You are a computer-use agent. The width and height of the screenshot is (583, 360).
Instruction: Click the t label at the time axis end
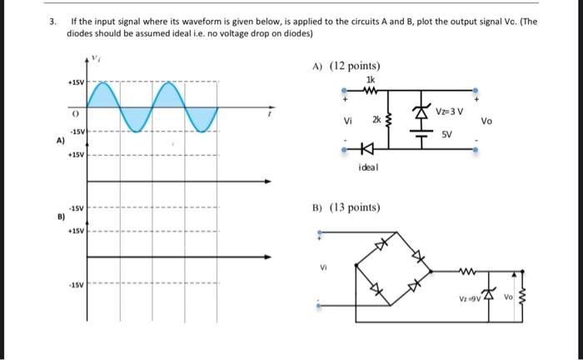coord(269,117)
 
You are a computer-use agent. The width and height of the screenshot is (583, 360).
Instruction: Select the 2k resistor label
coord(376,120)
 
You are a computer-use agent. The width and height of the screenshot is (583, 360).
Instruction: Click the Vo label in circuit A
coord(486,121)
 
